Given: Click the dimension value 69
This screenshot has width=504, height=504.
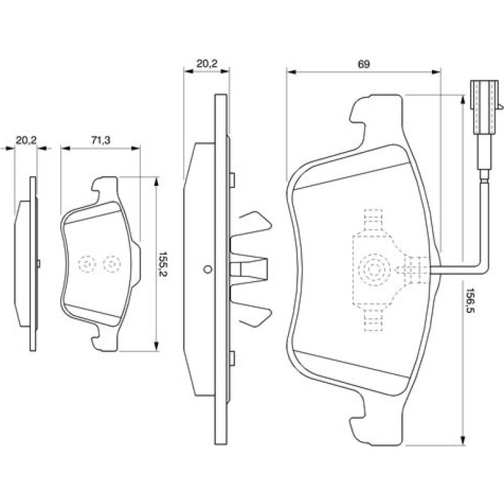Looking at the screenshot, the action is tap(364, 64).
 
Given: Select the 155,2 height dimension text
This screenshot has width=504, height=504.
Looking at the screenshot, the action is tap(164, 265).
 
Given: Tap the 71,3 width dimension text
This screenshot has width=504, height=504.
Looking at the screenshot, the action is tap(100, 140).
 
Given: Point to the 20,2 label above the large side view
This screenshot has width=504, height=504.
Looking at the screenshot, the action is tap(207, 63).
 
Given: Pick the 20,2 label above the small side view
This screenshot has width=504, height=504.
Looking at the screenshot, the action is tap(26, 140).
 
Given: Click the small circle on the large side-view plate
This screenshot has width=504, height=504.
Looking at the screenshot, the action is tap(207, 269).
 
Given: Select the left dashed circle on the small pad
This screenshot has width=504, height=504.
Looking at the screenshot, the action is tap(87, 264).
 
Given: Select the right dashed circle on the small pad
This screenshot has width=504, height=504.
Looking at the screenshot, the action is tap(111, 264).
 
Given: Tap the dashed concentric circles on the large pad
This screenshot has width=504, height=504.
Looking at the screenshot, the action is tap(374, 270).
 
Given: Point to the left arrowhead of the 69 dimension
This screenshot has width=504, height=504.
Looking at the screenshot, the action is tap(291, 72).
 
